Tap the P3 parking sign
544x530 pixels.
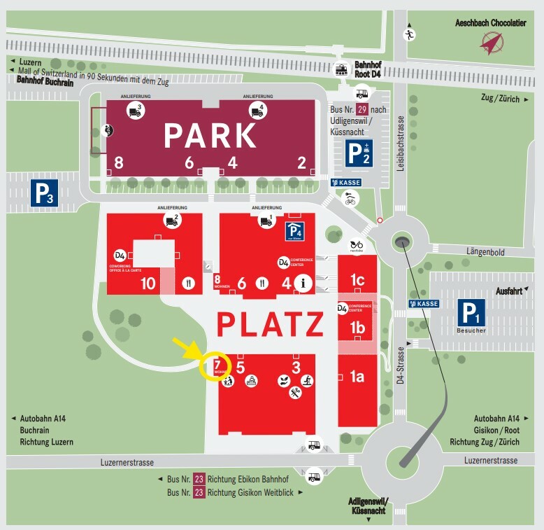(x=43, y=193)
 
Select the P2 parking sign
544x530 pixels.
(x=359, y=153)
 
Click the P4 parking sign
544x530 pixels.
(x=294, y=230)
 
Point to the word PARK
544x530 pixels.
(x=210, y=136)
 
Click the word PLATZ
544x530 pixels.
(x=270, y=324)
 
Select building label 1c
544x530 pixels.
(x=357, y=280)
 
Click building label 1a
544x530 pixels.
(x=357, y=377)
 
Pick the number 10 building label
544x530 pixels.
(x=148, y=284)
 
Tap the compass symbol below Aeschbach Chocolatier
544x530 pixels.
(x=492, y=43)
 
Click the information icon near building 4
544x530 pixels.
(x=303, y=284)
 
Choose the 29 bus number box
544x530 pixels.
(x=362, y=110)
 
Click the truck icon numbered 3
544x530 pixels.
(x=135, y=110)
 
